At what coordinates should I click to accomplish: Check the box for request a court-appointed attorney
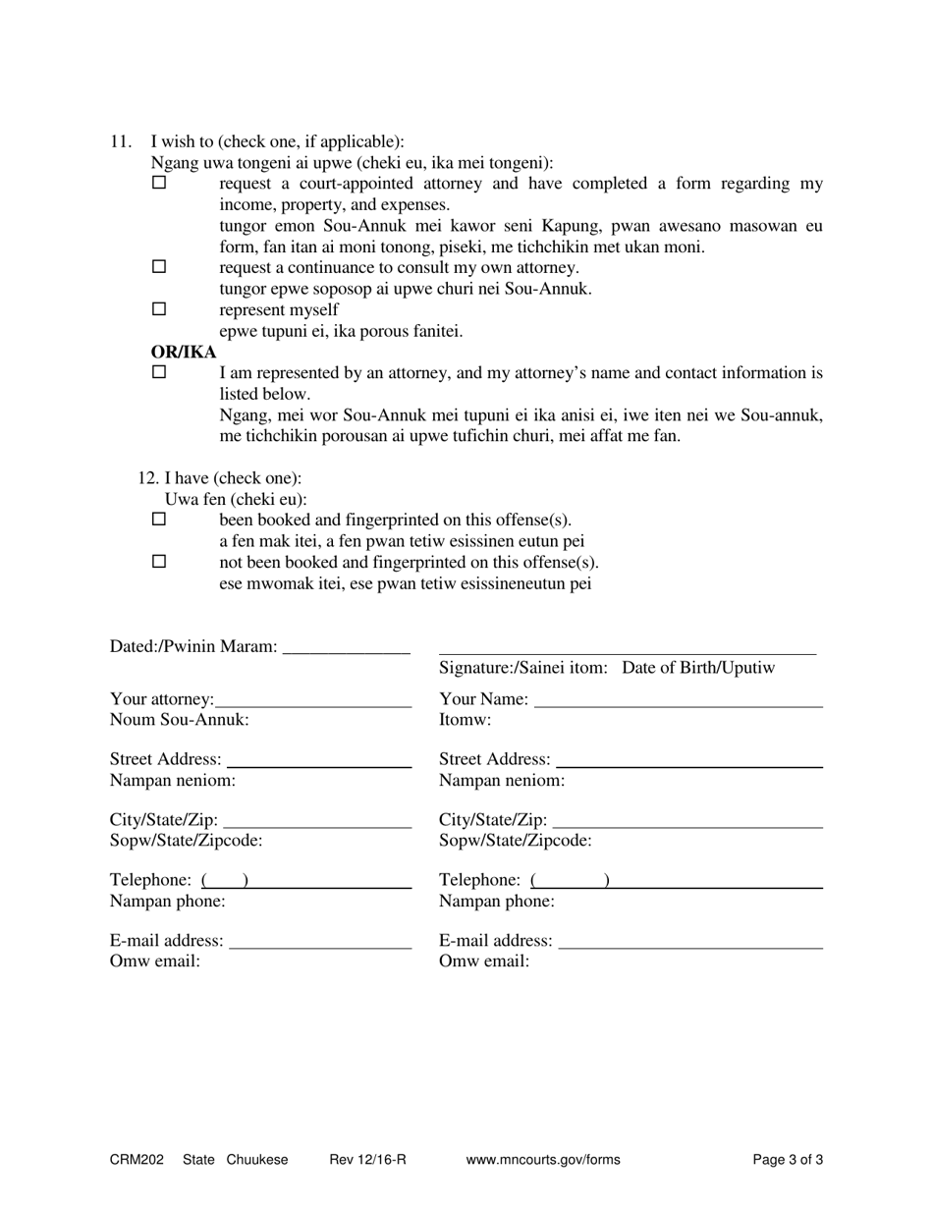[x=159, y=183]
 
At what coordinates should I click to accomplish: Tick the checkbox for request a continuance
[x=159, y=267]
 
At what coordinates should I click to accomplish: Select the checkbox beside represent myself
[x=159, y=309]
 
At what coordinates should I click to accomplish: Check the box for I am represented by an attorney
[x=159, y=372]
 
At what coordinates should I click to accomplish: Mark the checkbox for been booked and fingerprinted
[x=159, y=520]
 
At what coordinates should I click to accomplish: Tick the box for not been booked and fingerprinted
[x=159, y=562]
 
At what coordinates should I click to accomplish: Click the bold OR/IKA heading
[x=183, y=352]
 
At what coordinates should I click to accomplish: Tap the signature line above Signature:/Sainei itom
[x=627, y=651]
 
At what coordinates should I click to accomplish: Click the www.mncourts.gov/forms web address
[x=543, y=1160]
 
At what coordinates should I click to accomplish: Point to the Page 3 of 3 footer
[x=788, y=1160]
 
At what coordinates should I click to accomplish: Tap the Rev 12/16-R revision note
[x=368, y=1160]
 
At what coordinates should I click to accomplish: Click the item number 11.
[x=120, y=141]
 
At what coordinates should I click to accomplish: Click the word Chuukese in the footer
[x=257, y=1160]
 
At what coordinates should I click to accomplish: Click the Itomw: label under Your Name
[x=465, y=720]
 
